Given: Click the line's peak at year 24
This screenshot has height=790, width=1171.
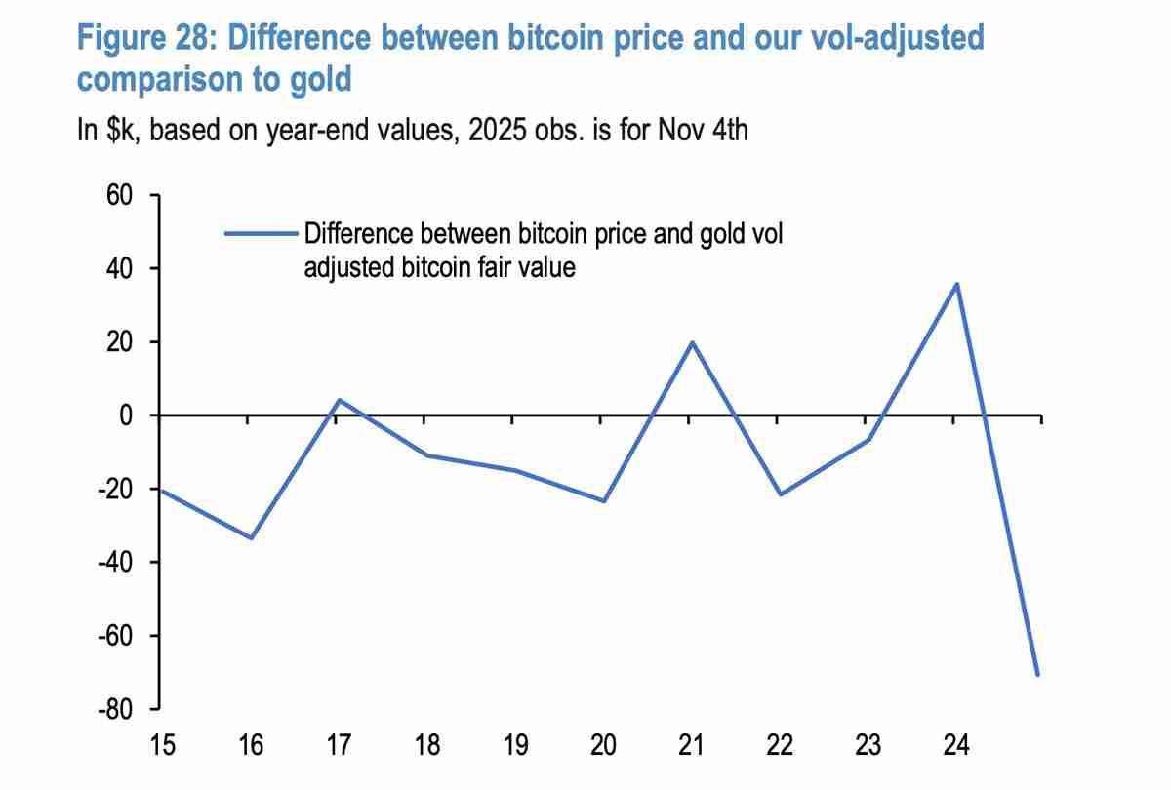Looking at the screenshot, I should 956,284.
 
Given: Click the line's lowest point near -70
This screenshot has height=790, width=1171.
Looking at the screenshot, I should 1038,675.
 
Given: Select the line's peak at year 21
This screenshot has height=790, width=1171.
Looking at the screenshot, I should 691,342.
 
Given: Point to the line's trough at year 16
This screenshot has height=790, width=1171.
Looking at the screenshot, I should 251,538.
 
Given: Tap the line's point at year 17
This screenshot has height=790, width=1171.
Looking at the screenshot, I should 339,400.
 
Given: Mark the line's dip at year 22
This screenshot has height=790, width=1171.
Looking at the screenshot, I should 779,494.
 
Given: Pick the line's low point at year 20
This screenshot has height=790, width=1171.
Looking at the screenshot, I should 603,501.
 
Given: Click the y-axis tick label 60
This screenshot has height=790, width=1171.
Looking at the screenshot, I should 117,195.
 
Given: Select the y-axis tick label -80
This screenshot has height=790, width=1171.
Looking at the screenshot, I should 112,709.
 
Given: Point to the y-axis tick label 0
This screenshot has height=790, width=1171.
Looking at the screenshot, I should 125,415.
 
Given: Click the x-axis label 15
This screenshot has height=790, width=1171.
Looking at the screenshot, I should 162,746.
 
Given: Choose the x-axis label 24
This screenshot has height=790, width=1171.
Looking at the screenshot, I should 956,746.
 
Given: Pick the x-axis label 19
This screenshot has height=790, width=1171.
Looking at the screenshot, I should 515,746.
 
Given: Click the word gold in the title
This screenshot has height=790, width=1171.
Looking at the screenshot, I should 320,79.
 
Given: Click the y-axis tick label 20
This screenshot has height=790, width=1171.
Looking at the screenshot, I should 117,342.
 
